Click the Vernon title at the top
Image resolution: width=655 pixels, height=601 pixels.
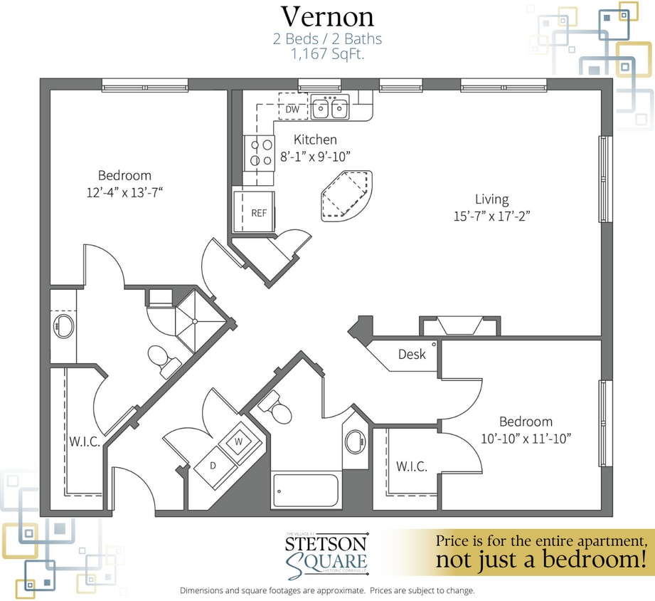click(327, 16)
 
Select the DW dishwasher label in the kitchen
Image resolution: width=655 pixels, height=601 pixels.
click(292, 110)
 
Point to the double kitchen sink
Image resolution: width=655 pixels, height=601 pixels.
click(331, 109)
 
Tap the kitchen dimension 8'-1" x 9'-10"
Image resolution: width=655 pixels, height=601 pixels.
click(315, 155)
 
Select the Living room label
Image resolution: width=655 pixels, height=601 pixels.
click(491, 199)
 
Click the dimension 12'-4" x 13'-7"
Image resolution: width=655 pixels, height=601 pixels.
click(124, 192)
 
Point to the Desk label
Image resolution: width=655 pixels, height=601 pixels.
click(411, 354)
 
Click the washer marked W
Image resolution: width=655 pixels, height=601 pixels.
click(239, 441)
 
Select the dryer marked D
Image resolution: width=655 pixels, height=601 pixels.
click(213, 465)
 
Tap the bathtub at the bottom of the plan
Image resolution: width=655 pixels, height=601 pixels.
click(306, 490)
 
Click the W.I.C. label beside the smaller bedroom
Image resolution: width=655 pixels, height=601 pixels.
click(411, 466)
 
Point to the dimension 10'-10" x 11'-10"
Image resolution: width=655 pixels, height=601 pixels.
click(525, 438)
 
